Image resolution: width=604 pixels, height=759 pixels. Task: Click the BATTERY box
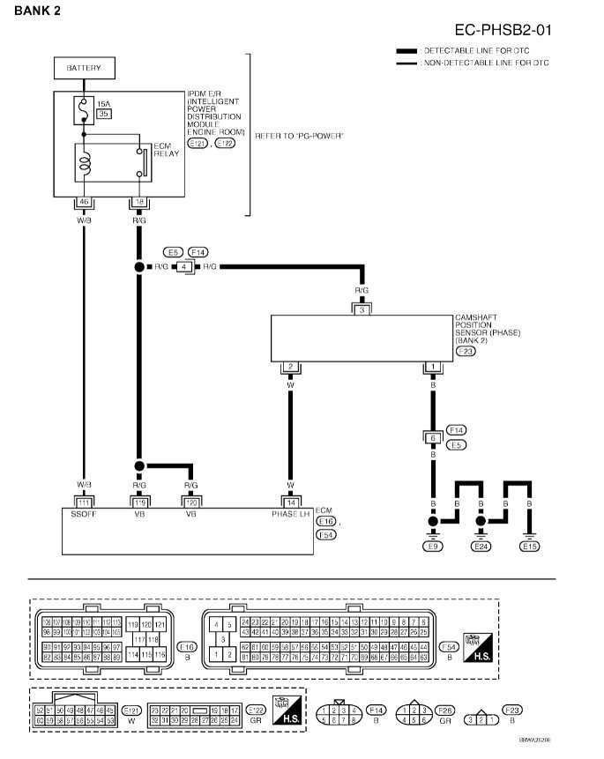84,68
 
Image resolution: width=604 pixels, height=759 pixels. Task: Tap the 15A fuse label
103,104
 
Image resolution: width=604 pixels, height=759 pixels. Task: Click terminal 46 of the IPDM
84,202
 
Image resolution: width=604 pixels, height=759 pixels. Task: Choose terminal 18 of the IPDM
138,202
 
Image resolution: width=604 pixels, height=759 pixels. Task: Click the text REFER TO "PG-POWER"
298,136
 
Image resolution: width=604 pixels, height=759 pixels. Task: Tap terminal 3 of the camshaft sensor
362,309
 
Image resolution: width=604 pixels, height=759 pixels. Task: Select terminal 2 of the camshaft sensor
289,367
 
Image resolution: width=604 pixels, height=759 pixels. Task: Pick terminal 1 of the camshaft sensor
432,367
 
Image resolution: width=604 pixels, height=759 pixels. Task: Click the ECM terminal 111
84,502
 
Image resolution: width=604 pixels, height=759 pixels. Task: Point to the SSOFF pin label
84,514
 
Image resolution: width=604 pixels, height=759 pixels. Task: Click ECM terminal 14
289,502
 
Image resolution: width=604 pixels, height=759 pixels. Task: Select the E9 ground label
432,547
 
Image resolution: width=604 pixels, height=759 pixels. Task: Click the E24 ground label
481,547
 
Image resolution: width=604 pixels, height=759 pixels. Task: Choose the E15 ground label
529,547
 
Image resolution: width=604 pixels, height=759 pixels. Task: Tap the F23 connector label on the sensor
465,351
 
